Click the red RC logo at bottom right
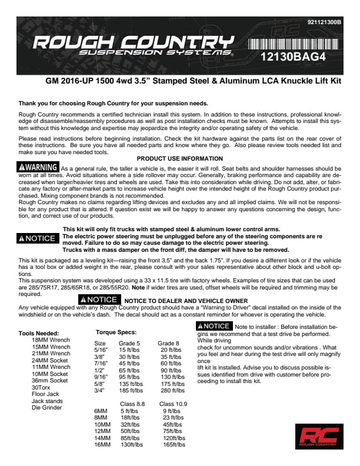click(319, 436)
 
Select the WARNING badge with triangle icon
click(38, 167)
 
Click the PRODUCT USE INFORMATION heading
click(179, 158)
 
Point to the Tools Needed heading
click(39, 333)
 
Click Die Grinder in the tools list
click(47, 407)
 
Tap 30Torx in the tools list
click(41, 387)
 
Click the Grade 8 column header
click(169, 343)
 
